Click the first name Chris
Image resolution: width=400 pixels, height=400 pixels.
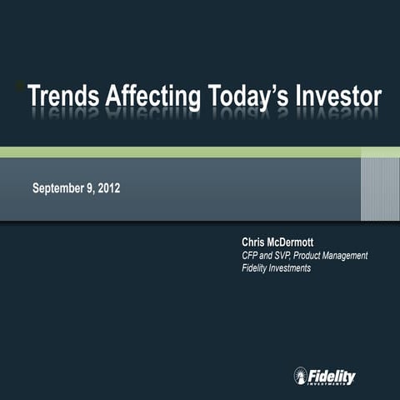pos(253,242)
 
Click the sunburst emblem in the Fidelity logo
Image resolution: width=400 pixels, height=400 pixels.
pos(301,377)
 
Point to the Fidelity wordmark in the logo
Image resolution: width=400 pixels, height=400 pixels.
pos(332,377)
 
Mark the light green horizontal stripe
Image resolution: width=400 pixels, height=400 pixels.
pos(200,152)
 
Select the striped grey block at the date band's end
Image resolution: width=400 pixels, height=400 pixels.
pos(379,189)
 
